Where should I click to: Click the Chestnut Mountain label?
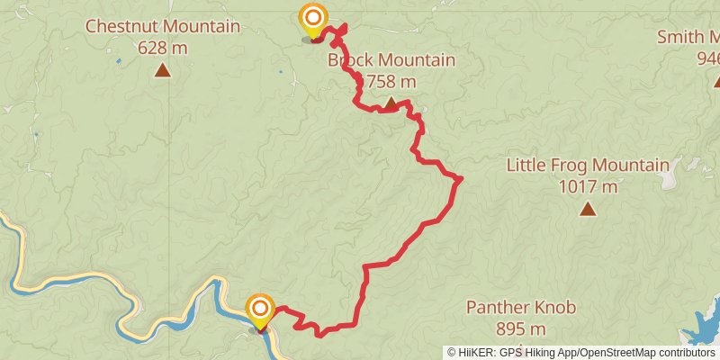coord(162,26)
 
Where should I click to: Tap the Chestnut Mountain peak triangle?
coord(162,70)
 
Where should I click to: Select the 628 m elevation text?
coord(162,47)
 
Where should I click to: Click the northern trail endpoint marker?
coord(313,19)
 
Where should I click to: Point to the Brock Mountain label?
coord(391,61)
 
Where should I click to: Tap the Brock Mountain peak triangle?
coord(390,104)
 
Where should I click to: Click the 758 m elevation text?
coord(389,82)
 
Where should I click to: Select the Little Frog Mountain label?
coord(588,166)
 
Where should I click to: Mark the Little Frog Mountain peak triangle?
coord(588,210)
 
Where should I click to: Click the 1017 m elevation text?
coord(588,186)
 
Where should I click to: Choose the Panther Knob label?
coord(521,308)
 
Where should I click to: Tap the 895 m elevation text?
coord(521,328)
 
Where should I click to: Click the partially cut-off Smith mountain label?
coord(688,38)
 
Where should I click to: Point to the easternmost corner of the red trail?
coord(460,178)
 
